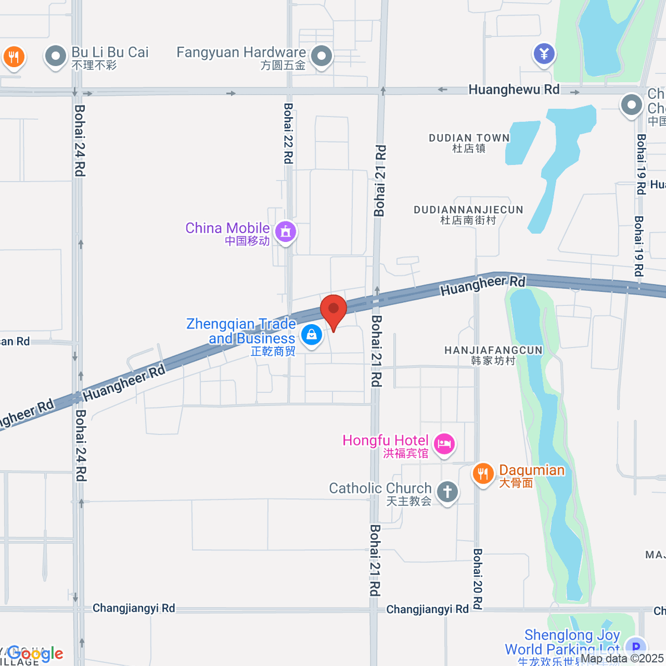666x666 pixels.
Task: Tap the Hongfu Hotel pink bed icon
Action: tap(444, 443)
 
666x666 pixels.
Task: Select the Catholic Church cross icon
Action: tap(447, 491)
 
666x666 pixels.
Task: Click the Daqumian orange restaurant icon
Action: tap(483, 473)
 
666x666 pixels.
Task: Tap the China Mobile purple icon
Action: tap(286, 231)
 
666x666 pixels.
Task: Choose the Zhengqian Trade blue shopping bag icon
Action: tap(311, 334)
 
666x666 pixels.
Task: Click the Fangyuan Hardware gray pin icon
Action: tap(321, 56)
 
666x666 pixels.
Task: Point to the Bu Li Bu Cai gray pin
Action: tap(56, 56)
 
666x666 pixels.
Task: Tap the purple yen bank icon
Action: tap(544, 54)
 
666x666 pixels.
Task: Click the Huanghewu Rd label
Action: tap(514, 89)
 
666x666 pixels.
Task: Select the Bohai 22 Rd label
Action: tap(288, 133)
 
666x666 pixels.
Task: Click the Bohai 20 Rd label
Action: tap(477, 579)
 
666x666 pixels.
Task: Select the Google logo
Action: tap(35, 654)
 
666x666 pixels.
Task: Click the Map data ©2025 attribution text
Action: tap(622, 659)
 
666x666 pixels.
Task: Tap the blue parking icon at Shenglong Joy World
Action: tap(635, 647)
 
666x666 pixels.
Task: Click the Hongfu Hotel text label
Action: tap(386, 441)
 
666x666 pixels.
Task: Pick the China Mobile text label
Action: tap(228, 228)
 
